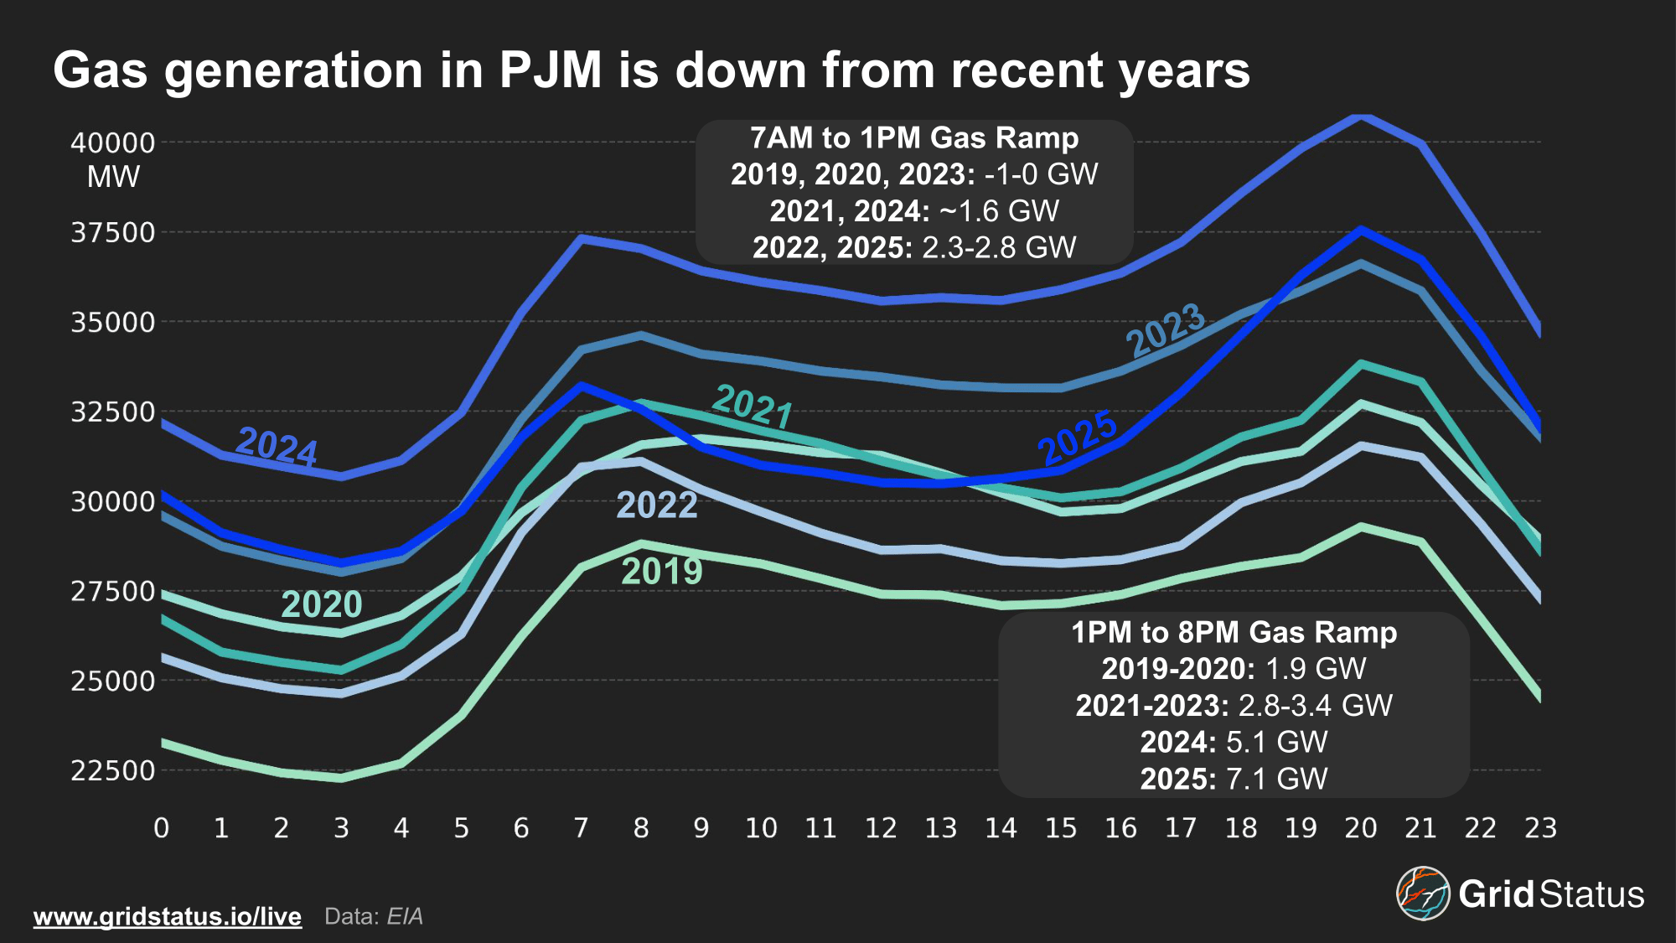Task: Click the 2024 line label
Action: tap(277, 445)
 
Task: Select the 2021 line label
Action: tap(753, 407)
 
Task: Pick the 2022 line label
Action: tap(657, 505)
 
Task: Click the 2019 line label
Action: tap(662, 572)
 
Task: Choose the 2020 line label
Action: tap(322, 604)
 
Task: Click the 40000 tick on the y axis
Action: tap(113, 142)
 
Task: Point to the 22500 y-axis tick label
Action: tap(113, 770)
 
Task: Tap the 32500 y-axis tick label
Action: tap(113, 412)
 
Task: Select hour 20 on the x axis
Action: tap(1361, 828)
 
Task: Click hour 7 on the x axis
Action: tap(581, 828)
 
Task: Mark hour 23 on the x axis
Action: tap(1540, 828)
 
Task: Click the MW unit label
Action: tap(113, 177)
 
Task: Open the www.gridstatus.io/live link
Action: tap(168, 916)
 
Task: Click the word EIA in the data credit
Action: tap(405, 916)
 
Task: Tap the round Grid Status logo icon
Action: tap(1423, 894)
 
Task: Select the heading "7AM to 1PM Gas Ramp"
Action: tap(914, 137)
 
